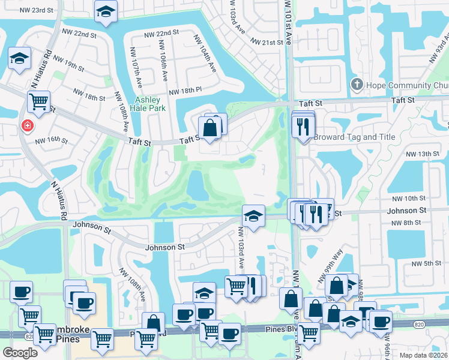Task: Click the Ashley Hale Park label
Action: [x=148, y=106]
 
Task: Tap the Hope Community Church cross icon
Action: [x=357, y=85]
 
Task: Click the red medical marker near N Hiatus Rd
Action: [x=26, y=126]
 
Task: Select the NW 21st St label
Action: [x=267, y=43]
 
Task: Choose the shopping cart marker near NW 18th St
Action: [x=39, y=102]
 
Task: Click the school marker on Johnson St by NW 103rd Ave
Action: [x=253, y=215]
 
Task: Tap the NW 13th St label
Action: [x=426, y=154]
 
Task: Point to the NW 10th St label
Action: [x=410, y=198]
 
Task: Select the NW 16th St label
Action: [x=51, y=140]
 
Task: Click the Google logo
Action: [x=20, y=353]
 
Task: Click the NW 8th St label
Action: [x=409, y=223]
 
